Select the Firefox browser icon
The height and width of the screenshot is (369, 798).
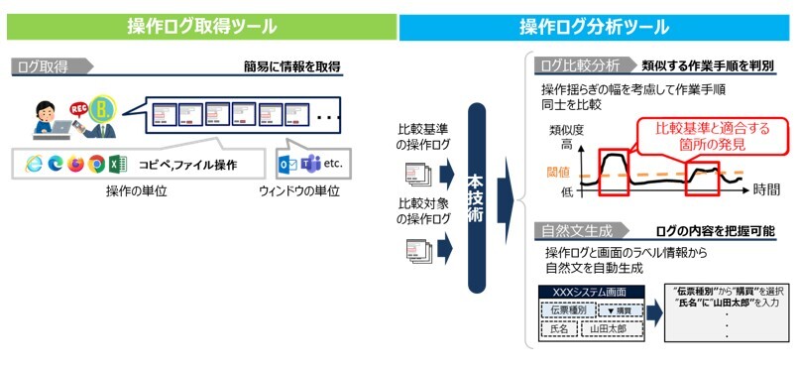(x=75, y=165)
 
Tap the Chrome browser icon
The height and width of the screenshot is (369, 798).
(x=96, y=165)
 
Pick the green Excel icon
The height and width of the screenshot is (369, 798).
(x=117, y=165)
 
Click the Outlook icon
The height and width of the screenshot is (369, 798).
(x=287, y=164)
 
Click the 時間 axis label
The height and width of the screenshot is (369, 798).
(x=765, y=187)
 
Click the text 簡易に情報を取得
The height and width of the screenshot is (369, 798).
(x=292, y=67)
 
